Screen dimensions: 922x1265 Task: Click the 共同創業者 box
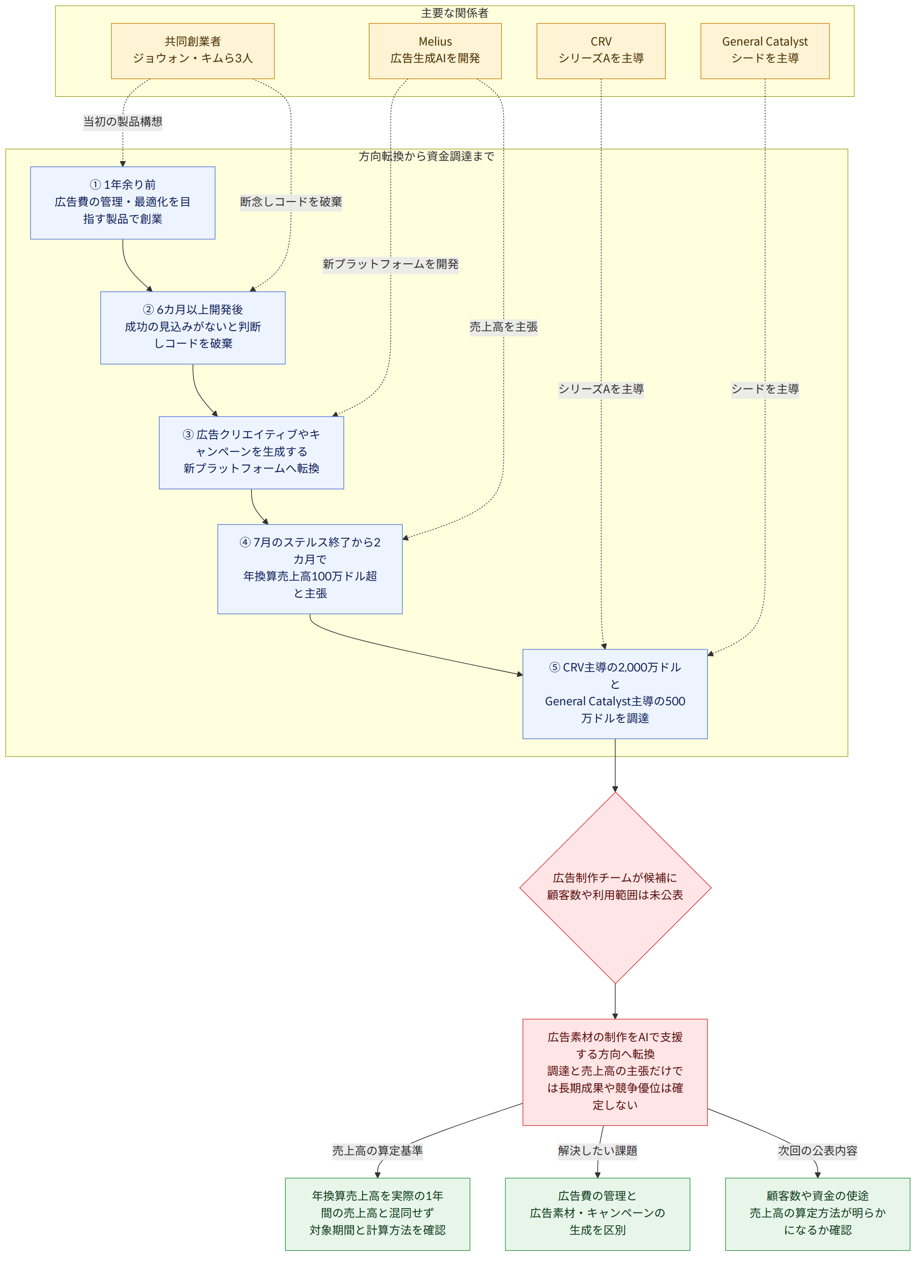click(193, 51)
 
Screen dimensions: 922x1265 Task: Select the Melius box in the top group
click(435, 51)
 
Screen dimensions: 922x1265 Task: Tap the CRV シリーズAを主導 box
click(601, 51)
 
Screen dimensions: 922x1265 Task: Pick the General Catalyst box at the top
click(765, 51)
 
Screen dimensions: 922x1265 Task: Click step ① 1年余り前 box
click(123, 202)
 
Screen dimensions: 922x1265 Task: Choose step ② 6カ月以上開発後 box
click(193, 327)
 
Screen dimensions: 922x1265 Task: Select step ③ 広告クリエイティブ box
click(251, 452)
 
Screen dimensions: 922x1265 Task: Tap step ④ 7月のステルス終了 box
click(310, 569)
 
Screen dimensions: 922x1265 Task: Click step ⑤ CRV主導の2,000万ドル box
click(615, 694)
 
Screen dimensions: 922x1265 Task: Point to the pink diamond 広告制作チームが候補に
click(615, 887)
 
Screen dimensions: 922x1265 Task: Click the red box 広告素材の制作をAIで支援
click(615, 1072)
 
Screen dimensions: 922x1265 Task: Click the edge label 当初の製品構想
click(123, 121)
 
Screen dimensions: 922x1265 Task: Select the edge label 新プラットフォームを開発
click(391, 264)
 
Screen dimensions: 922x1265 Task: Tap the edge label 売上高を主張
click(503, 327)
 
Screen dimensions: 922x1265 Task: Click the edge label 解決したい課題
click(598, 1151)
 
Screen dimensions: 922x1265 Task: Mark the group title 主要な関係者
click(455, 13)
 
